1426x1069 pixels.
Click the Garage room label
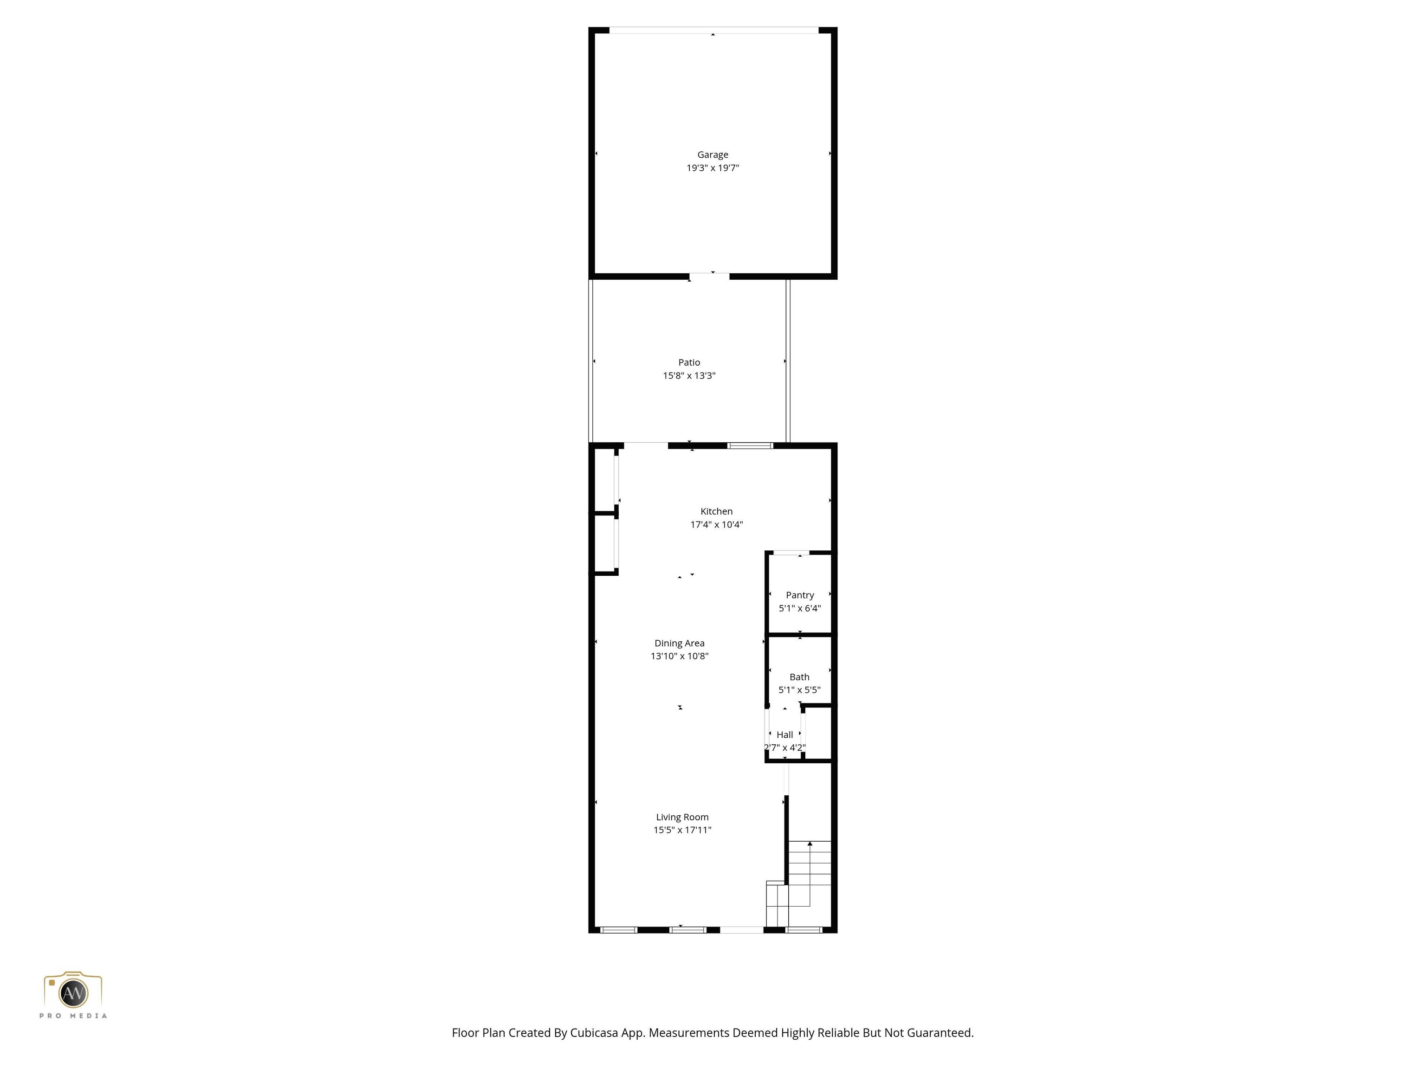pos(713,155)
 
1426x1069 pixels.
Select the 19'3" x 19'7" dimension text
pos(713,168)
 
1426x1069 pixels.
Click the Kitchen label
pos(716,511)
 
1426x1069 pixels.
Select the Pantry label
pos(799,595)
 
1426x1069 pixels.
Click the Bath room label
pos(799,676)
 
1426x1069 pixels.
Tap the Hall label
pos(784,734)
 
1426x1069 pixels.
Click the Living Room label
pos(682,817)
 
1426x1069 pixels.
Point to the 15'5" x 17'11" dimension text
pos(682,830)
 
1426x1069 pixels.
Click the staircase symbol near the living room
pos(806,883)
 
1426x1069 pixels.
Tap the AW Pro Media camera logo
pos(73,992)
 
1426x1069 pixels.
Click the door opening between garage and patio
pos(709,277)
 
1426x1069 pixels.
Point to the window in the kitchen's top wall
pos(751,445)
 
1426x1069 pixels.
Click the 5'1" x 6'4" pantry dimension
pos(799,608)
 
